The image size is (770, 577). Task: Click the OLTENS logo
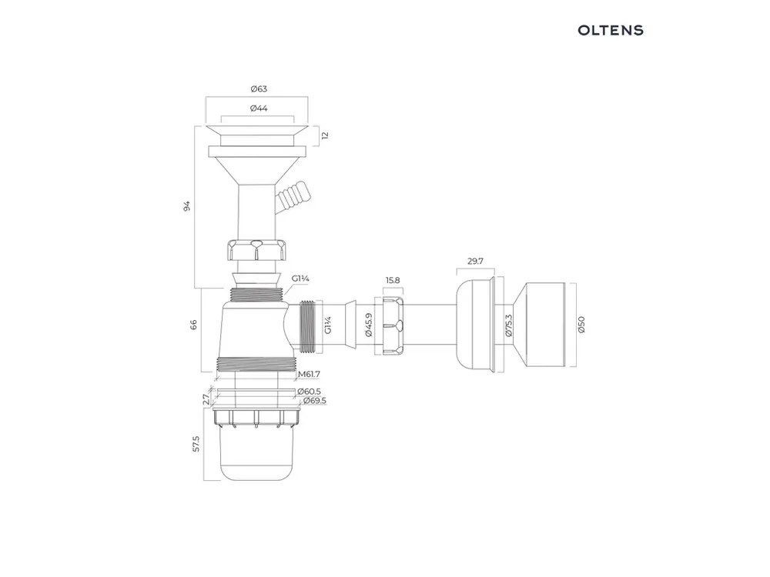611,31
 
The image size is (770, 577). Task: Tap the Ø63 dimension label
259,88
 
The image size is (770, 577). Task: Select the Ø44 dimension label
259,108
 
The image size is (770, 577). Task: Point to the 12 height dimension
324,135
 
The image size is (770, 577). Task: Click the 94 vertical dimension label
186,206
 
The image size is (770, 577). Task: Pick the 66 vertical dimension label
193,325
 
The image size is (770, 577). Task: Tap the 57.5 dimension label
196,444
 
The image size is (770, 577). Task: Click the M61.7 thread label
310,375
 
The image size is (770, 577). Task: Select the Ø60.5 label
309,392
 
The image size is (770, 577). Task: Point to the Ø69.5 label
315,401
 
